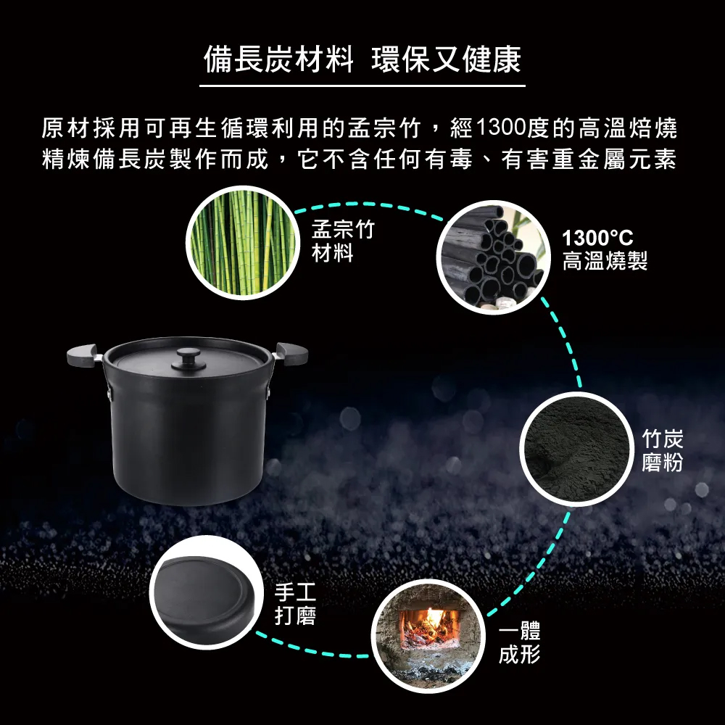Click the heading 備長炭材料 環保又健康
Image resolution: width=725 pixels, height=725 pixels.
pos(362,59)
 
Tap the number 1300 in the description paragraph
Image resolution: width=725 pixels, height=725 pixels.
pos(501,128)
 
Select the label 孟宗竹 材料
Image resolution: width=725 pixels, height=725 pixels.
pos(343,241)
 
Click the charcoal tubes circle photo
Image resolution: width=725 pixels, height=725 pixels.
pos(493,257)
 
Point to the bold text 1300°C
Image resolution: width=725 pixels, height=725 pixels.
pos(597,238)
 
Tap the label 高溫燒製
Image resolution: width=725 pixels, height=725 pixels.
pos(605,260)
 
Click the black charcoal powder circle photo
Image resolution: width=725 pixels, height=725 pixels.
pos(576,449)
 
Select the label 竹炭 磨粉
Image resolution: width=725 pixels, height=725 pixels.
pos(662,450)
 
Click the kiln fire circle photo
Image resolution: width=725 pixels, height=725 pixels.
pos(428,637)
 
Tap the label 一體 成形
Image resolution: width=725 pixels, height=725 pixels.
pos(519,642)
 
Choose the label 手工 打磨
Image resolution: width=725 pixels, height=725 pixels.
pos(296,604)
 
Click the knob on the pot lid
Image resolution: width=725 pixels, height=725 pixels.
pos(188,360)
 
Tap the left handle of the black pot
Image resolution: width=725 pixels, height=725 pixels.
pos(83,355)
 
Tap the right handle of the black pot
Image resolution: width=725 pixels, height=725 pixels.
pos(291,354)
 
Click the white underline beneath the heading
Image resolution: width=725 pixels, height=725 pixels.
pos(362,86)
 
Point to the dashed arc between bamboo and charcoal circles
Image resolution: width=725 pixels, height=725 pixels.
pos(368,204)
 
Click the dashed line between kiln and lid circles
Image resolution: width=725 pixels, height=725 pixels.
pos(312,650)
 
